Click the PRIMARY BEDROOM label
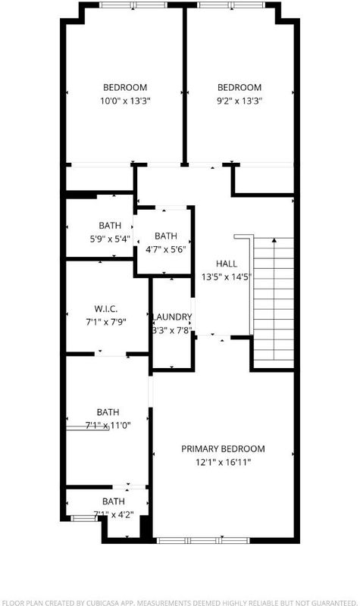tap(223, 448)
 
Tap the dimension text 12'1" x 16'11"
tap(223, 462)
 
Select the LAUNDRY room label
tap(173, 317)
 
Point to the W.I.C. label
tap(106, 309)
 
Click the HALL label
tap(227, 264)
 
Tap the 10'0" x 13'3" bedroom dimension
tap(125, 102)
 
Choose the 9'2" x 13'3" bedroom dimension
tap(239, 102)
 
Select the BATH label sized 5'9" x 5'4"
tap(110, 225)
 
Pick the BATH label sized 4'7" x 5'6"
tap(166, 236)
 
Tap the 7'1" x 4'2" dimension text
tap(113, 515)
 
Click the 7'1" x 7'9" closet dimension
tap(106, 322)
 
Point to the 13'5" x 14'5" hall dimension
tap(227, 276)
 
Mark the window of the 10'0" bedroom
tap(133, 5)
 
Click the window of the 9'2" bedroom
tap(231, 5)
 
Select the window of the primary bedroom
tap(202, 540)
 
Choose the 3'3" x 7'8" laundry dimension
tap(173, 330)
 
